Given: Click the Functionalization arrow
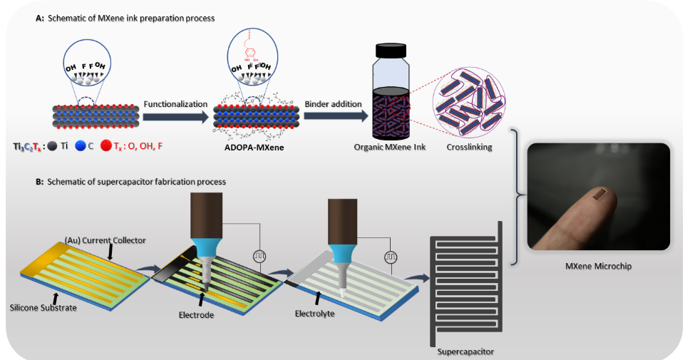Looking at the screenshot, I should (x=175, y=116).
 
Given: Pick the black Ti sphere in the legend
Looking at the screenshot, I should (x=53, y=146).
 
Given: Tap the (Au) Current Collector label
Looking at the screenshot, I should (x=105, y=240).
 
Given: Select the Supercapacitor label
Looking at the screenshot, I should (x=465, y=351).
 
